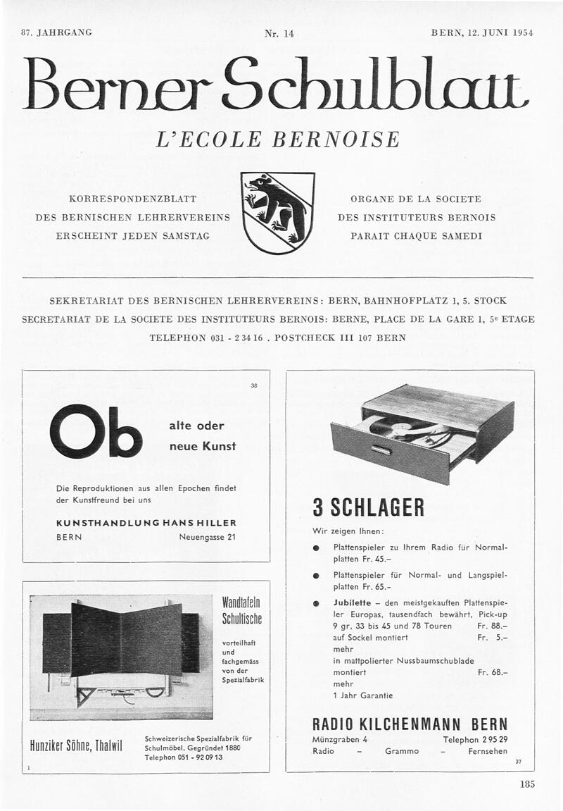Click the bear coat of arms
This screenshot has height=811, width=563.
tap(277, 213)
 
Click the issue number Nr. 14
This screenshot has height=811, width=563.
tap(279, 33)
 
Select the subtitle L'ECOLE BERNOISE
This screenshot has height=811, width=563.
tap(277, 139)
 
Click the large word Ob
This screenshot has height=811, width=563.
tap(96, 432)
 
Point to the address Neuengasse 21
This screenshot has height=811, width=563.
tap(208, 537)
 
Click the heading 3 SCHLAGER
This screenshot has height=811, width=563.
tap(368, 507)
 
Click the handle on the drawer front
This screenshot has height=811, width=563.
tap(381, 450)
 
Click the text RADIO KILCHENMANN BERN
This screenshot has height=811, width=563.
tap(410, 724)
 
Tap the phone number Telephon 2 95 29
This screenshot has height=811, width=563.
tap(475, 739)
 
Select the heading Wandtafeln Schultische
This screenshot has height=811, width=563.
tap(241, 610)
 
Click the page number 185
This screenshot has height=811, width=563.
tap(528, 784)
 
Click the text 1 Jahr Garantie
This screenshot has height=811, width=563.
tap(362, 695)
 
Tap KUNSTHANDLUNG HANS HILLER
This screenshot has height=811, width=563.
tap(146, 523)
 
